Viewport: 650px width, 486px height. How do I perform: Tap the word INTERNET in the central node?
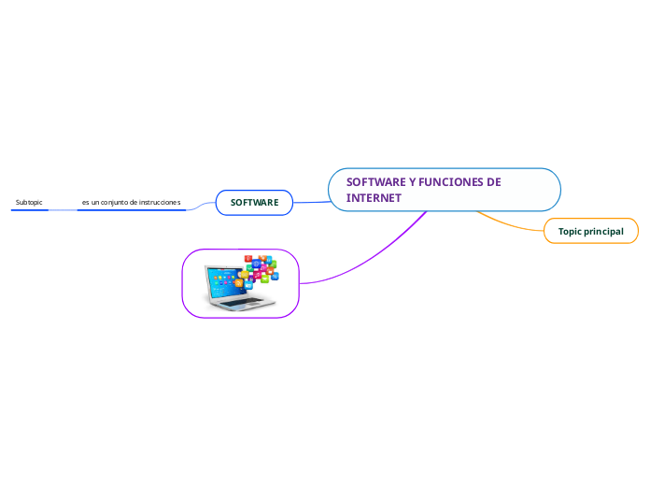374,198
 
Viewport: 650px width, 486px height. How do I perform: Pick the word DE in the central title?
494,181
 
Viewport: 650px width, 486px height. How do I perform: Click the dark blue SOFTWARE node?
255,202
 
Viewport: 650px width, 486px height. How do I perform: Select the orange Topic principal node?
591,231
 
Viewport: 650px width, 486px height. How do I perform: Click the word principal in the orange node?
604,231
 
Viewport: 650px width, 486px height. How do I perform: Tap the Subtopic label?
29,202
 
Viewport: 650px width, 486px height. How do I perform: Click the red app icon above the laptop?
247,258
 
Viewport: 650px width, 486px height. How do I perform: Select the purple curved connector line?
374,257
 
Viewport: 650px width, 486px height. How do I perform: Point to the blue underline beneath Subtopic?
30,210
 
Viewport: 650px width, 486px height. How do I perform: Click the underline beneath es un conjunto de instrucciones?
131,210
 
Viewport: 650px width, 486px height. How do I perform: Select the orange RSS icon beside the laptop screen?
239,282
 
